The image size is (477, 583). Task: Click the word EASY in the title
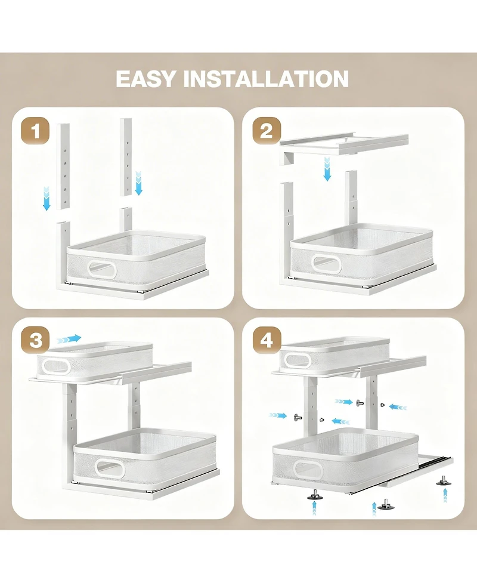pos(145,79)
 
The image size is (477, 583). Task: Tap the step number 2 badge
pos(267,131)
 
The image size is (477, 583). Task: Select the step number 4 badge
pos(267,341)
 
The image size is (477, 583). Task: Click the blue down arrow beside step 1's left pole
pos(47,198)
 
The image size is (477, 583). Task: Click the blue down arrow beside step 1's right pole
pos(139,183)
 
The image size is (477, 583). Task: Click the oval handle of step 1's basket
pos(102,269)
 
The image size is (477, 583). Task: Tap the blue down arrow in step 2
pos(327,169)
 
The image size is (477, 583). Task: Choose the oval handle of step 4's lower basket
pos(309,470)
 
